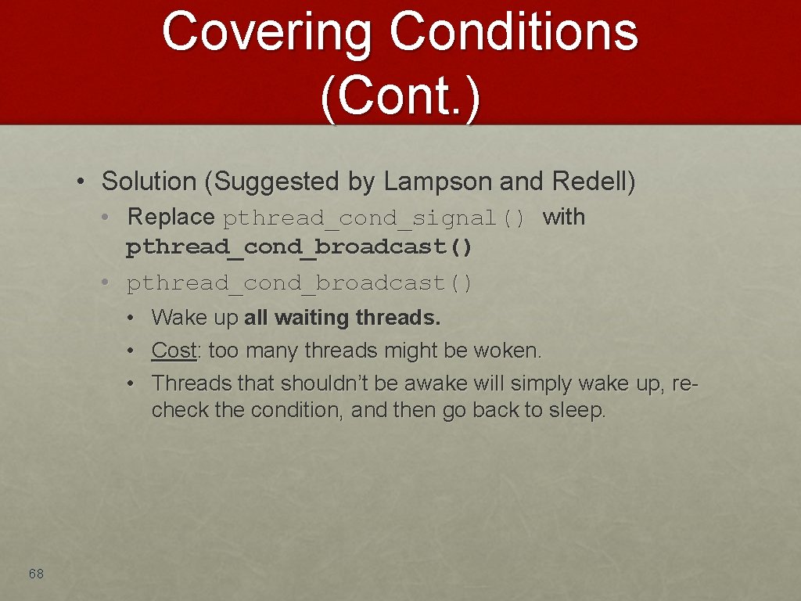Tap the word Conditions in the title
click(513, 33)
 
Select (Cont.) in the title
click(400, 97)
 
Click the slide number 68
click(36, 574)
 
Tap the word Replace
click(171, 217)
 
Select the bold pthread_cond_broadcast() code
click(300, 248)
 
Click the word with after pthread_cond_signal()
click(564, 217)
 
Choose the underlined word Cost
click(174, 351)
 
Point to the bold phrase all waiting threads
click(343, 318)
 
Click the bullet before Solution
click(81, 182)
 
